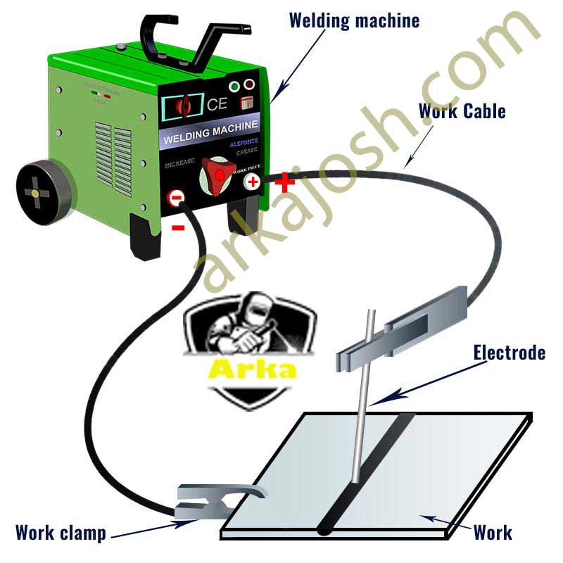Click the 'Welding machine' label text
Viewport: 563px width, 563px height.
point(354,20)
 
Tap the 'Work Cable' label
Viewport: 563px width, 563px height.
point(462,110)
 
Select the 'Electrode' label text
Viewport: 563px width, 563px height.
point(509,352)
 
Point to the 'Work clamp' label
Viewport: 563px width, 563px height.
point(61,532)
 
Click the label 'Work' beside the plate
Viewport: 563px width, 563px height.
point(493,531)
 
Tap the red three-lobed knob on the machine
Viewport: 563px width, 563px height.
point(217,172)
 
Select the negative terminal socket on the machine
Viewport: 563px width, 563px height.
point(176,199)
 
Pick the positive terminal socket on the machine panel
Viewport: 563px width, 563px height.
point(252,182)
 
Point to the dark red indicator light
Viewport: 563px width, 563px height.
point(248,86)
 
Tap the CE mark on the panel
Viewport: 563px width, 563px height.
point(217,104)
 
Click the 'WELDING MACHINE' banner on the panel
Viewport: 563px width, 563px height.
point(210,133)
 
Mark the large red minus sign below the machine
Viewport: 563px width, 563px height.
point(178,227)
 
